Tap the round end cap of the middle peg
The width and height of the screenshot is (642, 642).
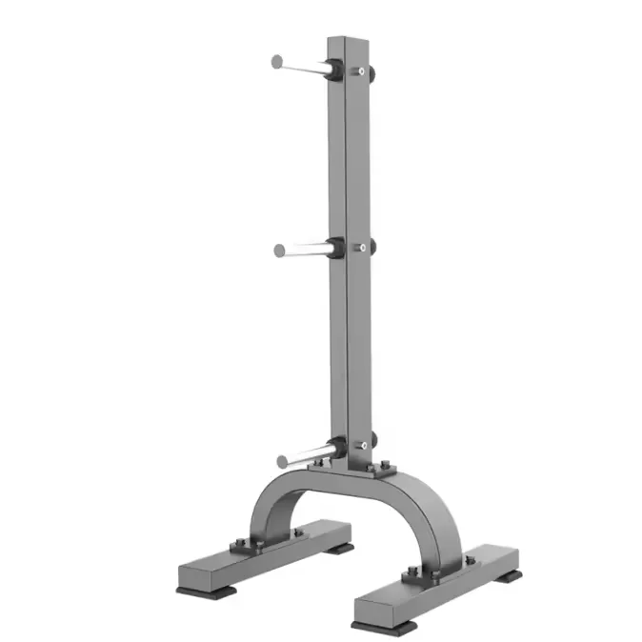280,251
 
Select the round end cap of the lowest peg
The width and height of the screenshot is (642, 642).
284,463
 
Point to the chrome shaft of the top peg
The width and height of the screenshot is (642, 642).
303,66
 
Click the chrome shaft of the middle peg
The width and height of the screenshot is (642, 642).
306,251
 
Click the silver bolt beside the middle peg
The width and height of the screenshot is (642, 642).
361,248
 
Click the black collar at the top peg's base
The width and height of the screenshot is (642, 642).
333,70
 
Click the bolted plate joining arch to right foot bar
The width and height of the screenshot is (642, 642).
426,575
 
